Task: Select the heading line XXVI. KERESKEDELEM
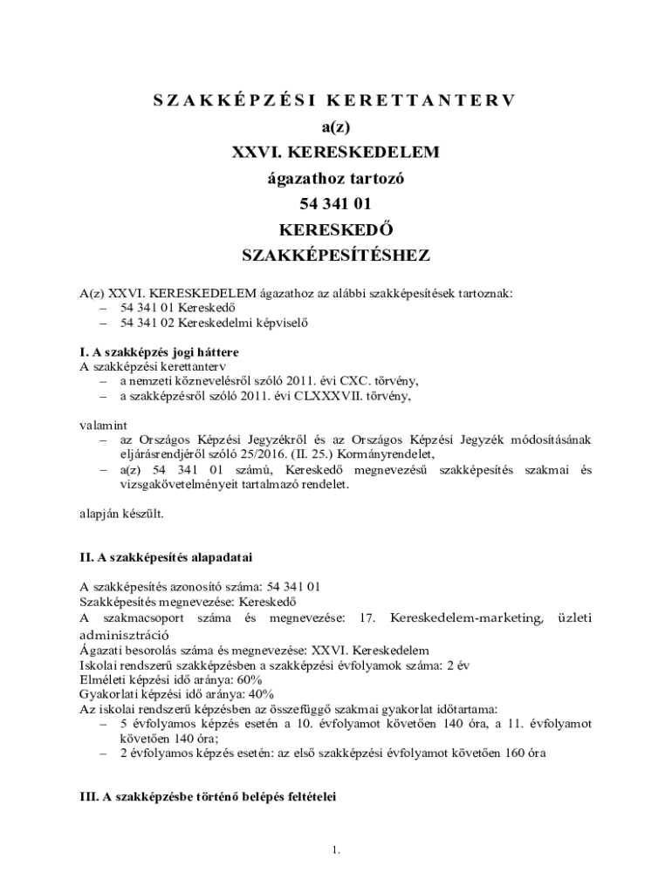click(336, 153)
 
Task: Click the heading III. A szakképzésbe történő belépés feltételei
click(208, 797)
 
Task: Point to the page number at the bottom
click(336, 850)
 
